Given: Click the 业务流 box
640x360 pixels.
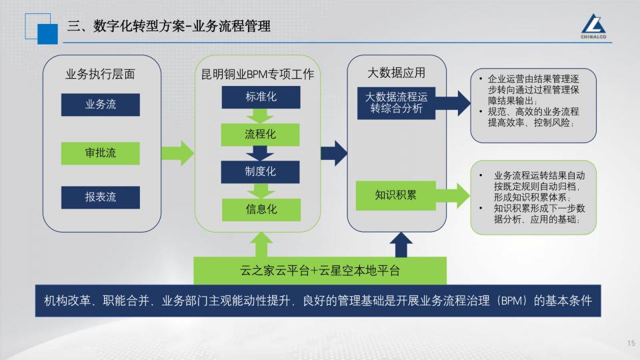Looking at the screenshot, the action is (x=101, y=105).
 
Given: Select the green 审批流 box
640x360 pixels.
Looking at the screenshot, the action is (x=101, y=153).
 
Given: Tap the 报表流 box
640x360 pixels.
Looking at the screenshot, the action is (x=101, y=197).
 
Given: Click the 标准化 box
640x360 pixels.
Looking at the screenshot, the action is (x=261, y=97).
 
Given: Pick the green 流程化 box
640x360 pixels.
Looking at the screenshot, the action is (x=260, y=134).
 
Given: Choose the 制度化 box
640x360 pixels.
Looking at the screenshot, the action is (x=260, y=172).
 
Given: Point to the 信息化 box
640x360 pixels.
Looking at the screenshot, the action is (x=261, y=209).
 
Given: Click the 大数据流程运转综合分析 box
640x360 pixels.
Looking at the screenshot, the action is (x=396, y=103).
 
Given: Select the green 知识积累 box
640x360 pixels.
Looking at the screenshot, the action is (x=395, y=195).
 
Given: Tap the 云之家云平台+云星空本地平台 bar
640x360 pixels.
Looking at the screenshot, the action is (x=320, y=270).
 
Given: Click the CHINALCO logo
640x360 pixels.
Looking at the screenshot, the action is (x=593, y=27).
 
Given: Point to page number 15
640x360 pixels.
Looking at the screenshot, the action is (x=631, y=343).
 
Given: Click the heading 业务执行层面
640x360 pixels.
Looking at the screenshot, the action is (x=100, y=74).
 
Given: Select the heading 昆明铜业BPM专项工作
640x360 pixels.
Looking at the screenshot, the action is (x=257, y=74).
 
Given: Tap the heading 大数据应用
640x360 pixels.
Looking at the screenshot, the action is (x=396, y=73).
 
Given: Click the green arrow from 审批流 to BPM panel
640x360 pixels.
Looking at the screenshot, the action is (x=177, y=153).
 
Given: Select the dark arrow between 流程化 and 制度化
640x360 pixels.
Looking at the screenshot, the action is (x=260, y=153).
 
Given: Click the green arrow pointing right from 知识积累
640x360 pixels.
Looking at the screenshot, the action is (x=453, y=195).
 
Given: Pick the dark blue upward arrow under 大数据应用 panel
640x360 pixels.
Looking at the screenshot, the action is (x=401, y=245).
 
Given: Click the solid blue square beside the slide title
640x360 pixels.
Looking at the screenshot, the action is (x=48, y=34).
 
